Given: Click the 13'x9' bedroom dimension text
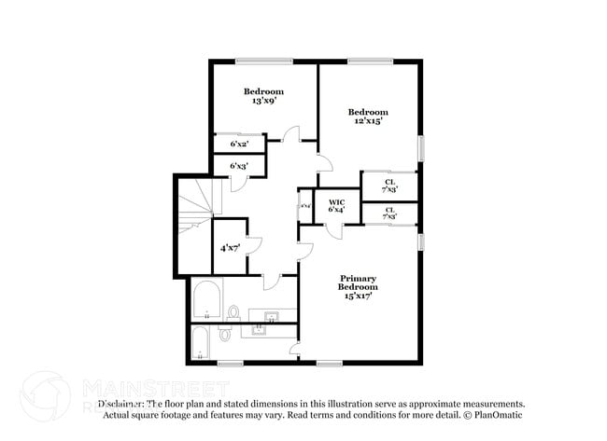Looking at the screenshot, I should tap(263, 101).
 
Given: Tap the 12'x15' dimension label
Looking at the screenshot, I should tap(370, 121).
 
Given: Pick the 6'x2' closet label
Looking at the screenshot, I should tap(239, 144).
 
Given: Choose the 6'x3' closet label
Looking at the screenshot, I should tap(239, 166).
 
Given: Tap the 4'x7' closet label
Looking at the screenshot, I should tap(229, 248).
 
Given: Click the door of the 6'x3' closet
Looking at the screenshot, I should tap(239, 183).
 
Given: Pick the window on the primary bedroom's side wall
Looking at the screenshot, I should tap(420, 241).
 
